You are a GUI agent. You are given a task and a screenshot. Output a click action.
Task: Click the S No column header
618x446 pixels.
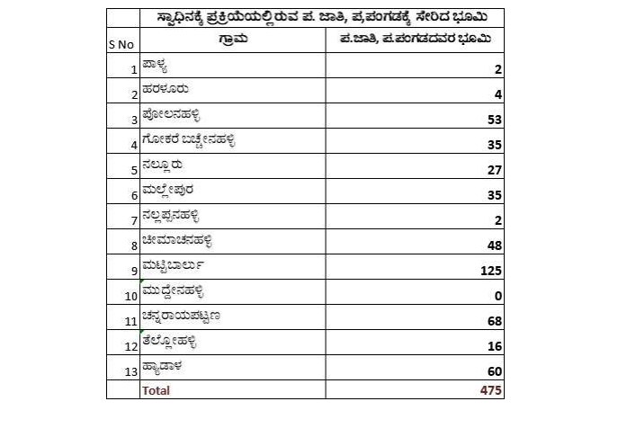click(x=120, y=44)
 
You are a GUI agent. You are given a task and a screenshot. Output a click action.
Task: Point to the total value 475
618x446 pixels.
click(x=489, y=390)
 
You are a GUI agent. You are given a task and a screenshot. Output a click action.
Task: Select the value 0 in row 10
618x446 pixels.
click(x=498, y=296)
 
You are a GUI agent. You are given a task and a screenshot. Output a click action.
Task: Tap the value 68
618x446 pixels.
click(x=494, y=321)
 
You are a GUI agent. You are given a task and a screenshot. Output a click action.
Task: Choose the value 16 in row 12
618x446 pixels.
click(x=494, y=346)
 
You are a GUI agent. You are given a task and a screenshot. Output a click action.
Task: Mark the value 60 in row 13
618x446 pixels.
click(x=494, y=371)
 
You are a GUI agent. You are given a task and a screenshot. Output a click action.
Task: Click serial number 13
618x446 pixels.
click(x=131, y=371)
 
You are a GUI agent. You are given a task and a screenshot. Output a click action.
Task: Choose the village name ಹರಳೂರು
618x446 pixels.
click(x=165, y=91)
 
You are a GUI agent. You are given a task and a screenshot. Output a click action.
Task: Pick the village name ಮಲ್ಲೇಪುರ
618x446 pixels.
click(x=168, y=192)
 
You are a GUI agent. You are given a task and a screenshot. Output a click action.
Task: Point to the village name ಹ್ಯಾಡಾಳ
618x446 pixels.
click(x=164, y=368)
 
